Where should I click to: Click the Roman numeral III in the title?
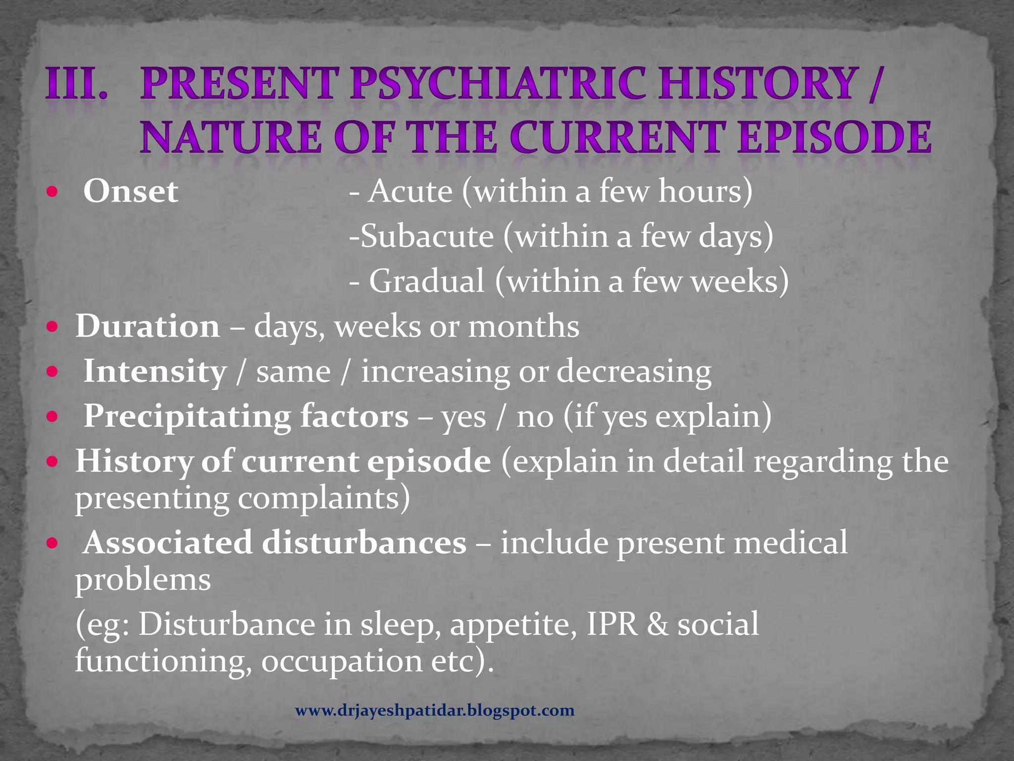pyautogui.click(x=77, y=83)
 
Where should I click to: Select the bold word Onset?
pyautogui.click(x=131, y=191)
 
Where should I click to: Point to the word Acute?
pyautogui.click(x=410, y=191)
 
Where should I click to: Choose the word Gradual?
pyautogui.click(x=427, y=281)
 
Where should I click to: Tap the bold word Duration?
pyautogui.click(x=148, y=326)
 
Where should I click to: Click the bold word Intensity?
pyautogui.click(x=154, y=372)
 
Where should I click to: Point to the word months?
pyautogui.click(x=524, y=326)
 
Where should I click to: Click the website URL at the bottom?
pyautogui.click(x=435, y=711)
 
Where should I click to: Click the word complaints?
pyautogui.click(x=324, y=498)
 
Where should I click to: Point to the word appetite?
pyautogui.click(x=513, y=625)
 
